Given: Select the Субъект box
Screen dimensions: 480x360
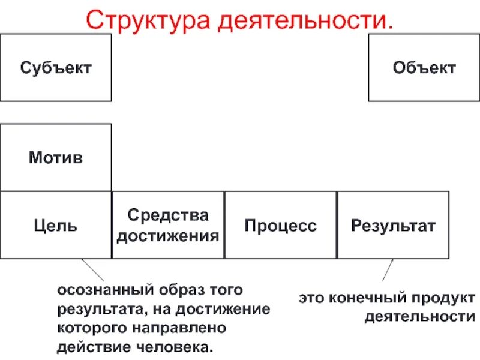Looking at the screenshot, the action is [x=56, y=67].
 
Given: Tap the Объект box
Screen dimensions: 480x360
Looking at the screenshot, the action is [x=424, y=67].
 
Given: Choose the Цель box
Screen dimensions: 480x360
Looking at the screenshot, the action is [x=56, y=226].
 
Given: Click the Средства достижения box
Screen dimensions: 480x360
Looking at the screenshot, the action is [x=168, y=226].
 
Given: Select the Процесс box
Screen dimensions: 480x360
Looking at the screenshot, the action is [x=280, y=226].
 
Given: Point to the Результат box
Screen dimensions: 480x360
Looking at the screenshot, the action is [x=393, y=226].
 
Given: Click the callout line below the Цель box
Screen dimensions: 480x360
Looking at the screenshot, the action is [x=92, y=270].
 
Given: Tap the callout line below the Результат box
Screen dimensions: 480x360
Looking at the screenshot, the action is [x=388, y=271].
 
